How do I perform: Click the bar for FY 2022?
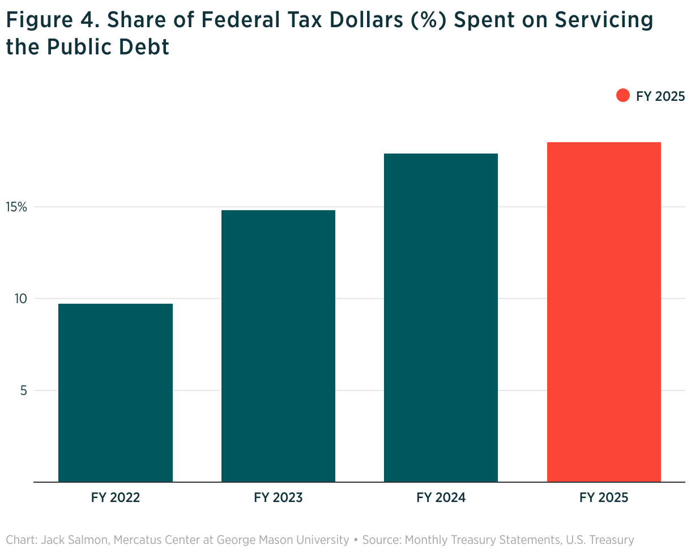point(116,393)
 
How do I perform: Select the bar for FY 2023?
point(278,346)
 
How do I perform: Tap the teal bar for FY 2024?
point(441,317)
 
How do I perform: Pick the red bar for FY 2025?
point(604,312)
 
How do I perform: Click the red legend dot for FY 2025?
point(622,96)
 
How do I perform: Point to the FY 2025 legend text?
point(660,96)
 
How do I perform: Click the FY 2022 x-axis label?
point(116,498)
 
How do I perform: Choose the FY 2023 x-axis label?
point(278,498)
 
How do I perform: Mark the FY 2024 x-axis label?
point(441,498)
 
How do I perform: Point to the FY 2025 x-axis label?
point(604,498)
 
